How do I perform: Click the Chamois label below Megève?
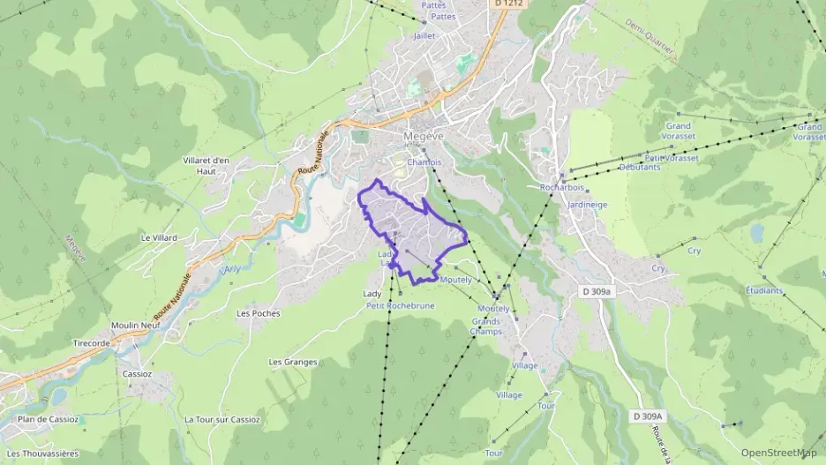(x=424, y=162)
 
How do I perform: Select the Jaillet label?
(x=425, y=36)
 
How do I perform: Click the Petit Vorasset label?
(x=672, y=158)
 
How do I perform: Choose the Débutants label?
(x=640, y=167)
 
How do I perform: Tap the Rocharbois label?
(x=561, y=188)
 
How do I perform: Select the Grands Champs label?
(x=486, y=326)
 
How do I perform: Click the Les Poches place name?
(x=259, y=313)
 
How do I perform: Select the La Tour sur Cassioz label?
(x=222, y=420)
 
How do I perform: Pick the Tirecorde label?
(x=92, y=343)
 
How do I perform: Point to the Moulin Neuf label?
(x=133, y=326)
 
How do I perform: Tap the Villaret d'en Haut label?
(x=206, y=165)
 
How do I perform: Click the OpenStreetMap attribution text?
(x=778, y=454)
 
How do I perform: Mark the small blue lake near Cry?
(x=756, y=233)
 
